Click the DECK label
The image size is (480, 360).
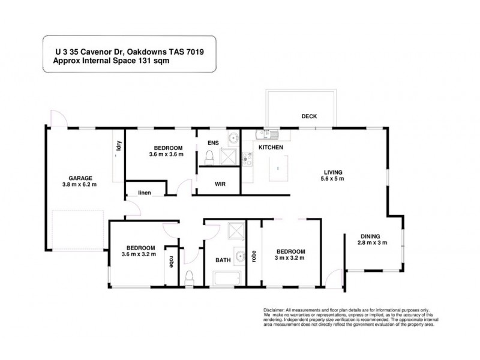(x=309, y=116)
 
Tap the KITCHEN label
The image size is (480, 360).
(x=271, y=147)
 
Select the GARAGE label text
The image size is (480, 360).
(x=80, y=178)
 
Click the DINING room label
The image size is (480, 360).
(x=371, y=235)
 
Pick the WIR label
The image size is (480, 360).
(x=220, y=184)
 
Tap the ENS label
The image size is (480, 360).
(x=212, y=143)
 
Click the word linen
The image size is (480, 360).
(x=144, y=193)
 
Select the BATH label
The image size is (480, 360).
(x=224, y=260)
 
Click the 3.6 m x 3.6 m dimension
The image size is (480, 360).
(x=166, y=155)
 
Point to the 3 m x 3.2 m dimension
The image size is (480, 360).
(x=290, y=258)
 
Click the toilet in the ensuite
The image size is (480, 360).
(x=209, y=157)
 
